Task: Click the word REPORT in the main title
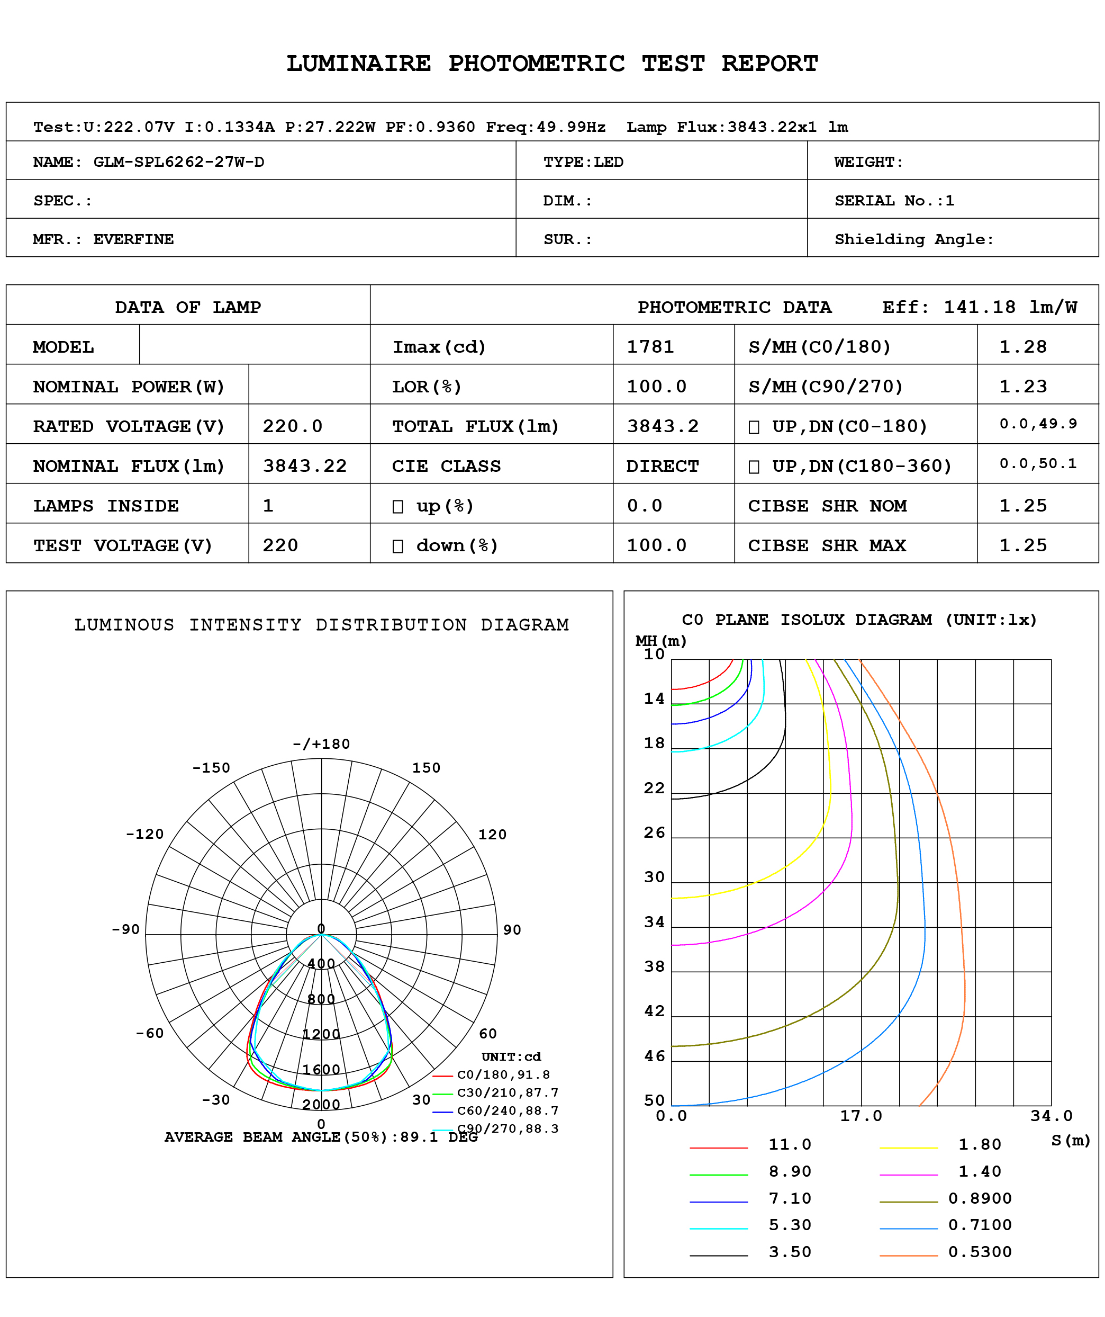point(769,64)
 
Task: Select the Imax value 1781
point(650,347)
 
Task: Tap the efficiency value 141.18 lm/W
point(1010,307)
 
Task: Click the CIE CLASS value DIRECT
point(662,466)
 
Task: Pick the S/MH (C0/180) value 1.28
point(1022,347)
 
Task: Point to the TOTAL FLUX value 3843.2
point(663,426)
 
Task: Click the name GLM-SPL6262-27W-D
point(179,162)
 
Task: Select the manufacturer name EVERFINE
point(133,239)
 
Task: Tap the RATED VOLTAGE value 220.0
point(292,426)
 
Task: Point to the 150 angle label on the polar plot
point(426,768)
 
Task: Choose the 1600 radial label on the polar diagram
point(321,1069)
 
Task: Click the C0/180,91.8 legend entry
point(503,1074)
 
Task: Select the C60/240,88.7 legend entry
point(508,1110)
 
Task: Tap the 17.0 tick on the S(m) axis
point(861,1116)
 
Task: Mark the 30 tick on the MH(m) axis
point(654,877)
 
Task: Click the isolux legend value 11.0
point(790,1144)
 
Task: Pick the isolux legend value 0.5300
point(980,1252)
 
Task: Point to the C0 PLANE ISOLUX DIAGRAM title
point(859,620)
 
